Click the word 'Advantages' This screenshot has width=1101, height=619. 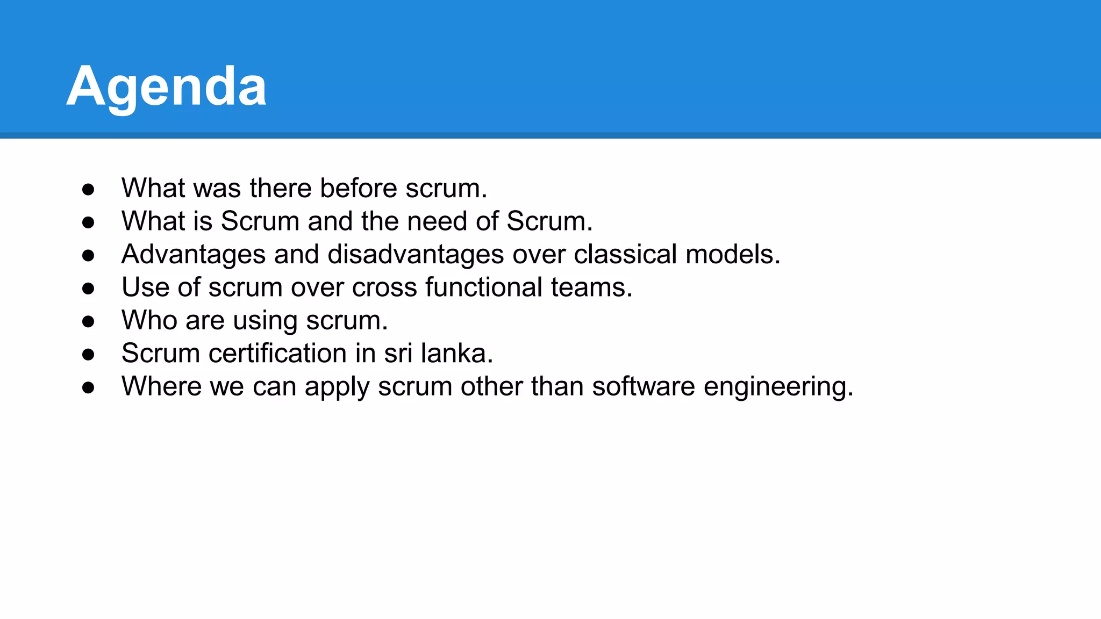[x=194, y=255]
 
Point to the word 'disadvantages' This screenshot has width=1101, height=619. [x=416, y=255]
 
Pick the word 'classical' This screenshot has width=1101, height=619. [x=625, y=255]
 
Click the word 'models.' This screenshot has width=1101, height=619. [x=733, y=255]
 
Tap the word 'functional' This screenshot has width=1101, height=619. [x=484, y=287]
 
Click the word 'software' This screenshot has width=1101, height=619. [x=644, y=387]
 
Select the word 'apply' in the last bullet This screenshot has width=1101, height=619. [x=337, y=387]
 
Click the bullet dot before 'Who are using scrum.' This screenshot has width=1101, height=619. [x=88, y=322]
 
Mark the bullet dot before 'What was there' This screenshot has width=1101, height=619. [x=88, y=189]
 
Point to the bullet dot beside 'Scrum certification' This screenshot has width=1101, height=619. [x=88, y=355]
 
